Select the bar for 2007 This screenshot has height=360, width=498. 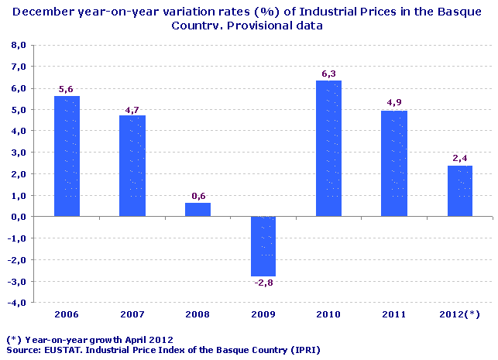click(x=132, y=166)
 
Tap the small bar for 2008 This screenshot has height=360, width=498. click(x=197, y=210)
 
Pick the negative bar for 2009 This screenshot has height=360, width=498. click(x=263, y=246)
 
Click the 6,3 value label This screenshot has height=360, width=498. click(x=328, y=74)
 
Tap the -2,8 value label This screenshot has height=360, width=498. click(x=263, y=283)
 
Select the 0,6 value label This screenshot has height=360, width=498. click(x=197, y=196)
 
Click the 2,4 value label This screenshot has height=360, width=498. click(x=459, y=159)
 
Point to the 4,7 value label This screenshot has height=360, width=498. click(x=132, y=109)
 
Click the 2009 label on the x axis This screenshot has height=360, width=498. click(x=263, y=315)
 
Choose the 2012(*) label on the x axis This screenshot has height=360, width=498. click(x=459, y=315)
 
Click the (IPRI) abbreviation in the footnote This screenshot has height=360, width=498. click(x=304, y=350)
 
